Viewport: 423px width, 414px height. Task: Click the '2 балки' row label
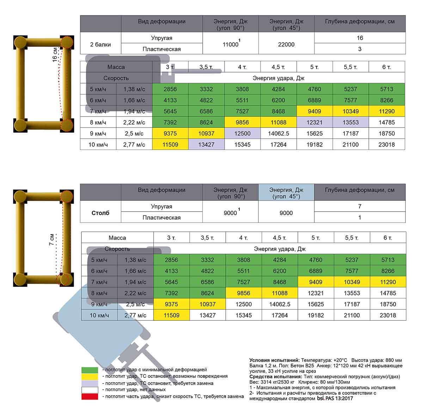point(100,44)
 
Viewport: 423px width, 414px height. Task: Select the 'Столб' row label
point(100,213)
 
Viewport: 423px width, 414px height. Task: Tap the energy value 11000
point(231,44)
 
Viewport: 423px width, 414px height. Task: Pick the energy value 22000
point(286,44)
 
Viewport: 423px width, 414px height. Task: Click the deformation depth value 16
point(360,38)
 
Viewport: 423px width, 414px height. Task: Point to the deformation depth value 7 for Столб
point(360,207)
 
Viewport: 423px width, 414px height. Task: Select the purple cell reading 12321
point(314,123)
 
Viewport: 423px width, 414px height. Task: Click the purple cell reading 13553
point(350,123)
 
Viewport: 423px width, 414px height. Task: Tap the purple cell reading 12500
point(242,133)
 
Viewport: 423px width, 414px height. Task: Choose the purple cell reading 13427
point(206,145)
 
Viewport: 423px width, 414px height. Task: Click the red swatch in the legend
point(90,396)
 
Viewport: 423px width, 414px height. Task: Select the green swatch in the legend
point(90,370)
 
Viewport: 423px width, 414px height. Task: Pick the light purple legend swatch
point(90,383)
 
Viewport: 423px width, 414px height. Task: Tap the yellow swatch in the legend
point(90,376)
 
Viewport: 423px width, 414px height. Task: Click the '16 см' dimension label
point(55,55)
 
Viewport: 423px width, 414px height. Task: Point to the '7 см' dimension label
point(52,239)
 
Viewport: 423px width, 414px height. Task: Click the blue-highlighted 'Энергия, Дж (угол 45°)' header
point(286,193)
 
